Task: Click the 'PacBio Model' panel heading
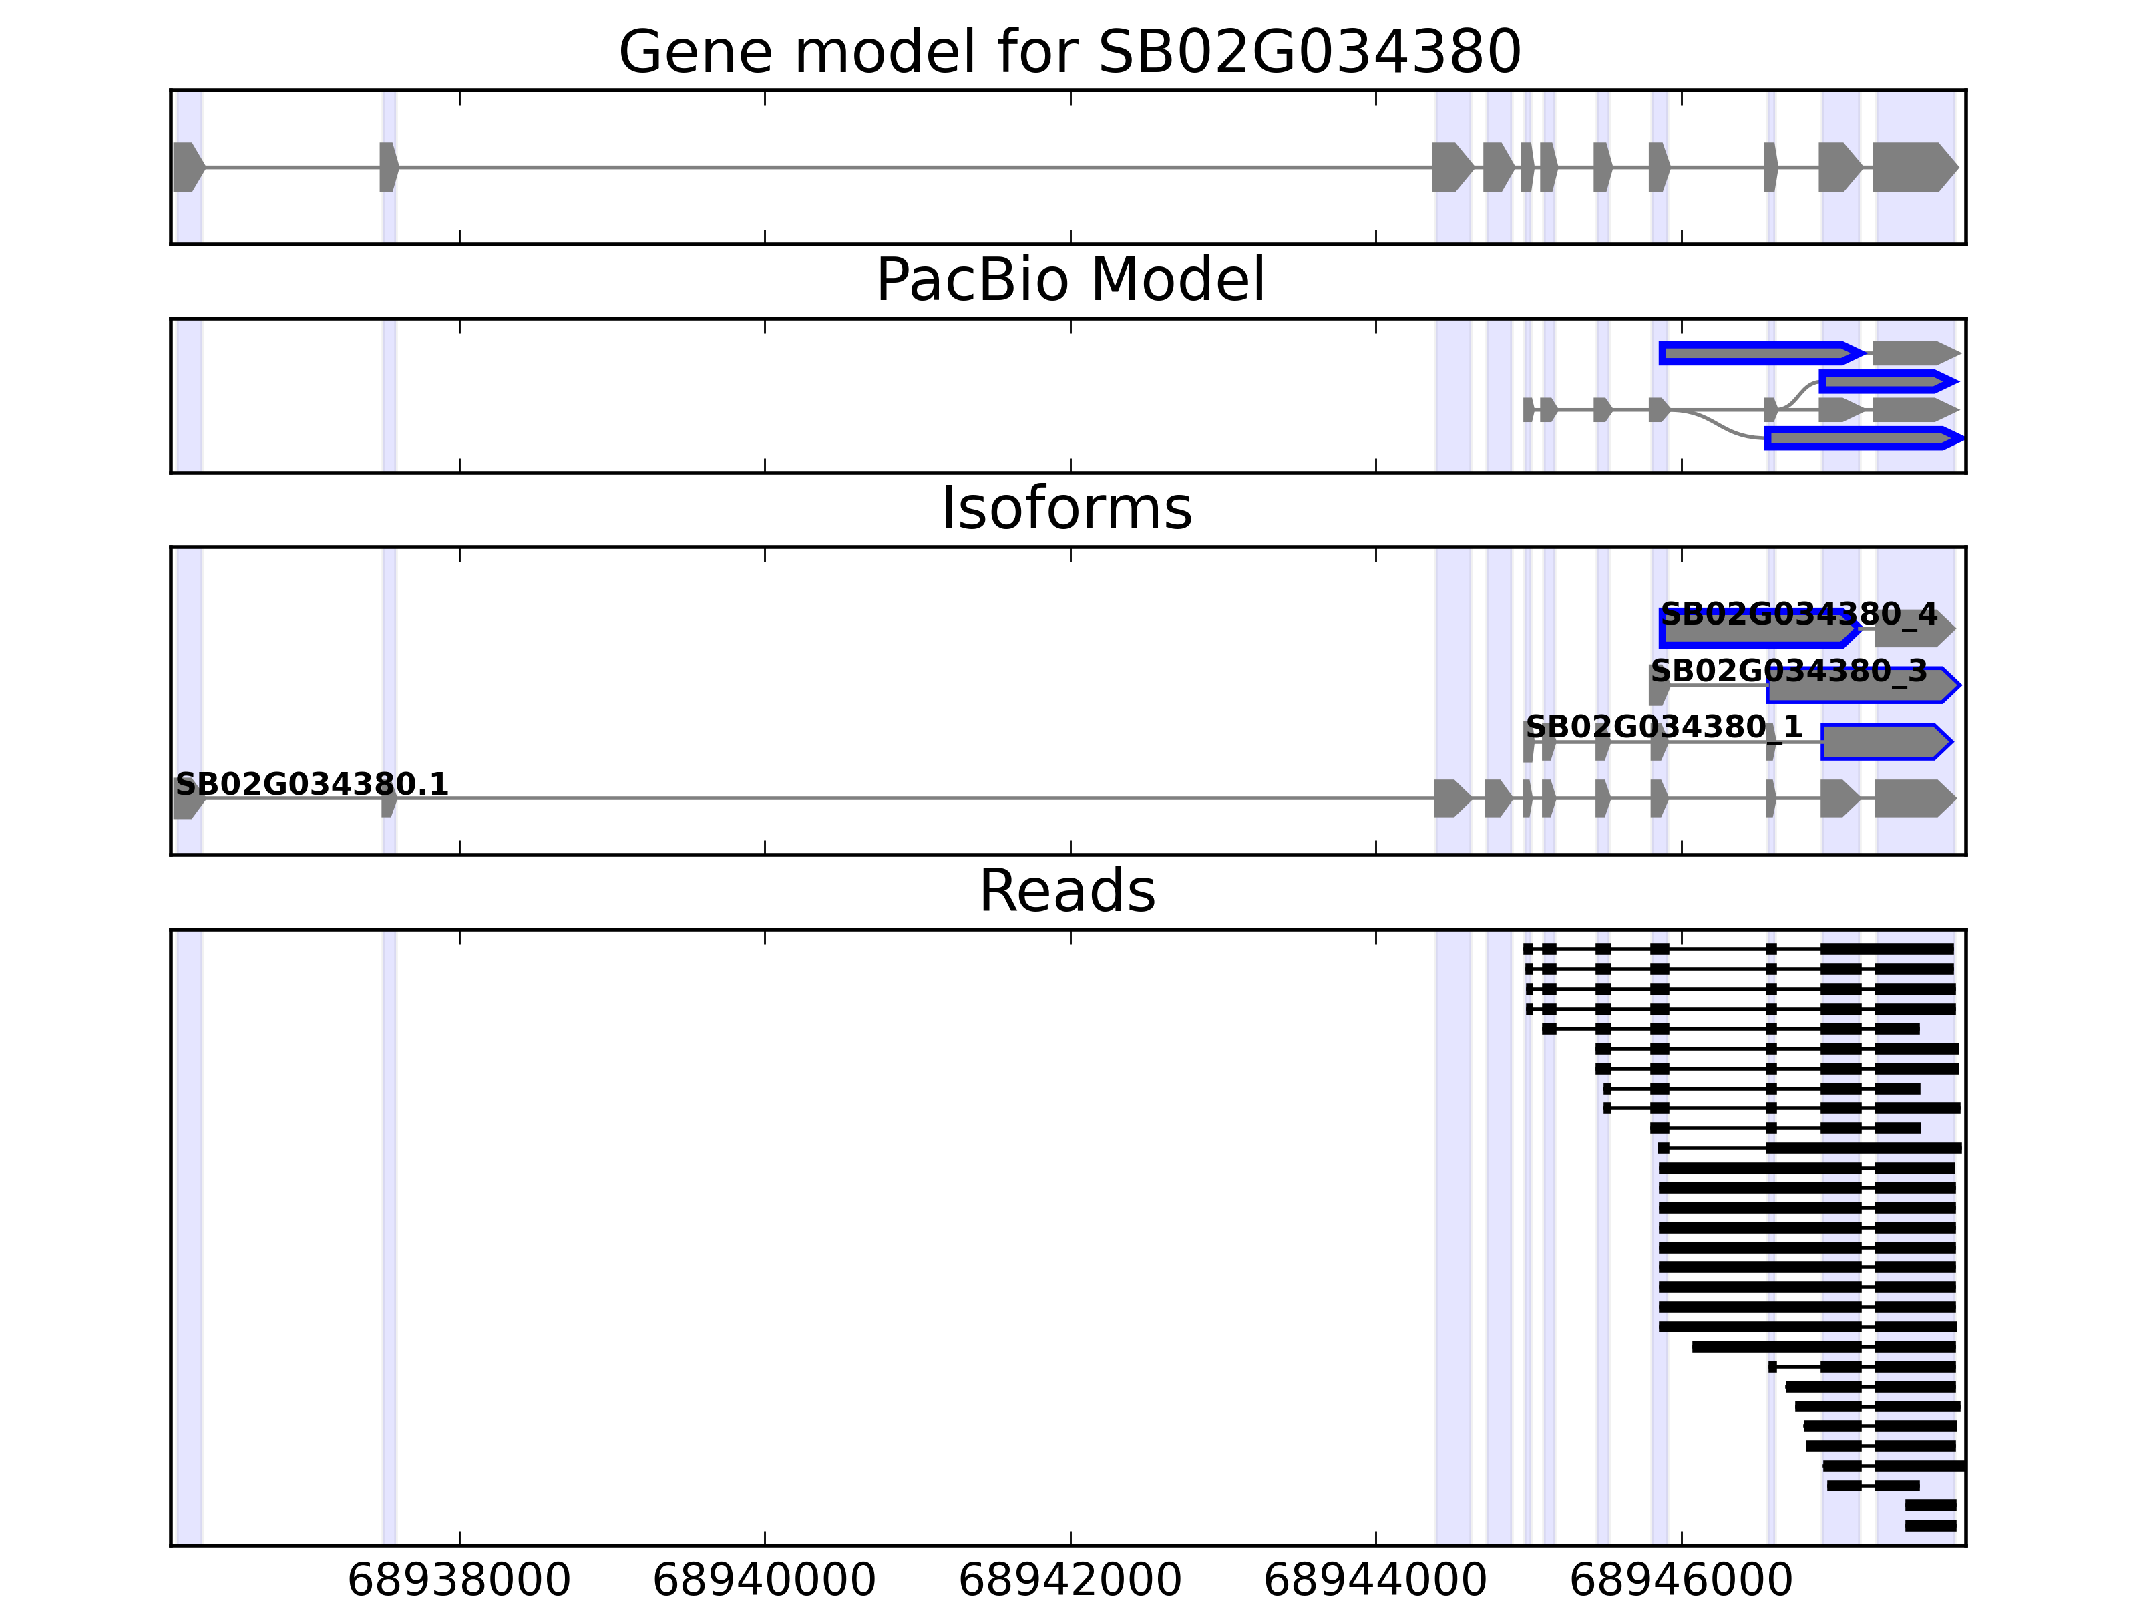1069,281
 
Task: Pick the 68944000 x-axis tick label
1375,1581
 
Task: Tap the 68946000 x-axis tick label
1681,1581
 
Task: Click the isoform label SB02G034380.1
312,785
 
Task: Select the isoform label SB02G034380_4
1799,614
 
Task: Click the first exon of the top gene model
188,167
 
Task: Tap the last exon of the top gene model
1913,167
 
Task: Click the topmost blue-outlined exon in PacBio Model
1758,353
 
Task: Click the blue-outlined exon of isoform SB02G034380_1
1884,742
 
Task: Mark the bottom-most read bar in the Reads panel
1930,1526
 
